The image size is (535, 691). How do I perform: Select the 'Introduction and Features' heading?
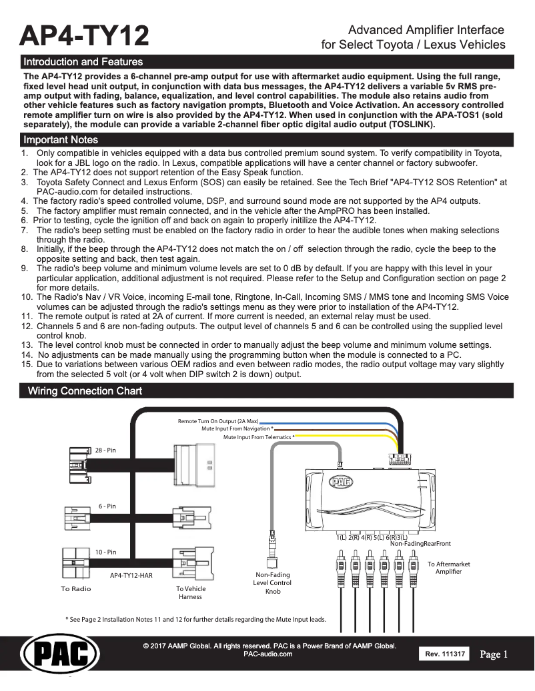pos(83,62)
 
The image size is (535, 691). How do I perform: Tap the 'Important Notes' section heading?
pos(61,139)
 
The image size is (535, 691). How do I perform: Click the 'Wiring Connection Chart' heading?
pos(83,390)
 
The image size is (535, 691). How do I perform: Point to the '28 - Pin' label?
pos(105,451)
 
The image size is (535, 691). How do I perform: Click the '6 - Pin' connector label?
pos(107,506)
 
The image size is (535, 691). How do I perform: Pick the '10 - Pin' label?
pos(105,552)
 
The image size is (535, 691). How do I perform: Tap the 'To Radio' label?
pos(76,589)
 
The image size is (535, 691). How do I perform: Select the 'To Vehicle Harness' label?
pos(191,593)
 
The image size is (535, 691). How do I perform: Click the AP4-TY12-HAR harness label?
pos(131,573)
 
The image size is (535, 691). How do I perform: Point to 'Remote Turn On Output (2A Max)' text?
pos(217,422)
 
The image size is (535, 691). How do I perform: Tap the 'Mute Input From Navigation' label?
pos(237,429)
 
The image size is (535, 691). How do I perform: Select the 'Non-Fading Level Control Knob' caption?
pos(273,582)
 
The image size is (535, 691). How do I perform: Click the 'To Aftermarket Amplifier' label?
pos(448,568)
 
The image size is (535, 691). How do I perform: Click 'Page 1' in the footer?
pos(494,654)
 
